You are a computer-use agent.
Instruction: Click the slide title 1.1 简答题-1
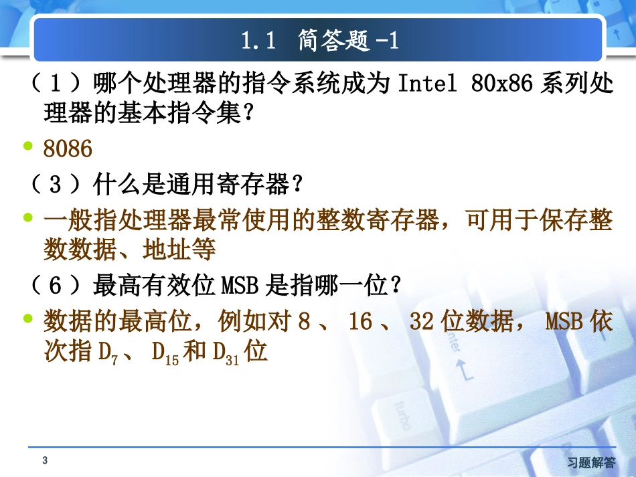coord(320,41)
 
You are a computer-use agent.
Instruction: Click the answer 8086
coord(68,149)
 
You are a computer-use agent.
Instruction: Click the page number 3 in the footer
coord(45,460)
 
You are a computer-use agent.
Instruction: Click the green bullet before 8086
coord(28,147)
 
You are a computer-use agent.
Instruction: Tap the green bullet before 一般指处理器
coord(28,217)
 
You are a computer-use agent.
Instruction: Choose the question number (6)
coord(56,286)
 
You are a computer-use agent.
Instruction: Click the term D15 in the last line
coord(165,353)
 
